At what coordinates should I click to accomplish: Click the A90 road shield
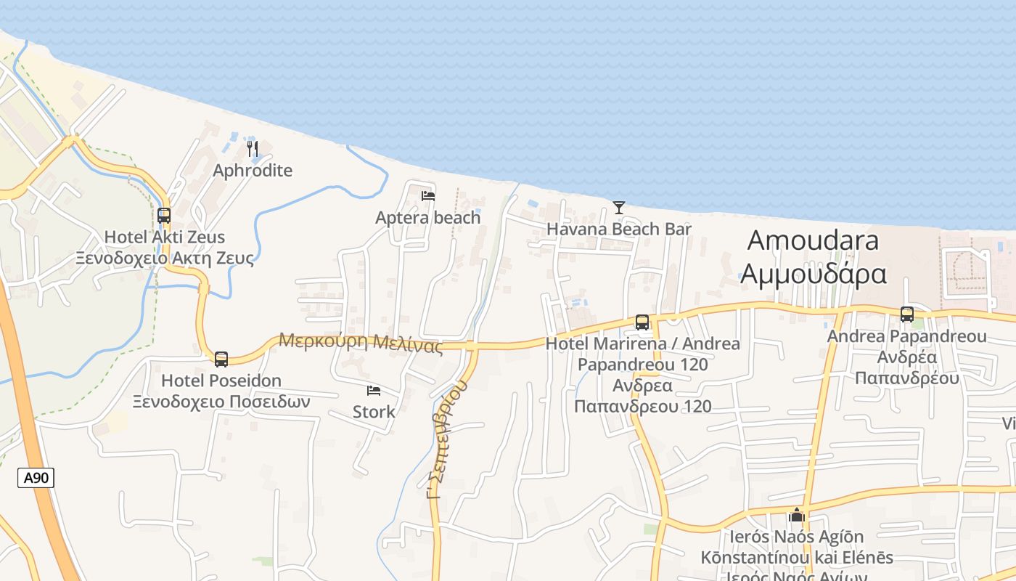(x=36, y=477)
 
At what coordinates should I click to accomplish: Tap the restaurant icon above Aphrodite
(x=253, y=149)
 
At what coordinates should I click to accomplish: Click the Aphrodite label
(x=253, y=171)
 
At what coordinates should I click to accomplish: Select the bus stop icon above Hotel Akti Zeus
(x=164, y=215)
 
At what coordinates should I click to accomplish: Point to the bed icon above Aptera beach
(x=428, y=195)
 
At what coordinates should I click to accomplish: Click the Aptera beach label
(x=427, y=217)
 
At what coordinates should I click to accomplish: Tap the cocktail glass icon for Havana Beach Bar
(x=618, y=208)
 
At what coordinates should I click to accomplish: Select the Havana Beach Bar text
(x=618, y=229)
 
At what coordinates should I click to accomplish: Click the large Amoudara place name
(x=813, y=240)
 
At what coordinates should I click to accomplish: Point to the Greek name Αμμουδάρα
(x=813, y=274)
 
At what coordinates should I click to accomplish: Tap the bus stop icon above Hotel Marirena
(x=642, y=322)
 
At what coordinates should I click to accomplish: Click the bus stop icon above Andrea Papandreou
(x=907, y=314)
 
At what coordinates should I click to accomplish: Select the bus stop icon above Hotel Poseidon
(x=221, y=359)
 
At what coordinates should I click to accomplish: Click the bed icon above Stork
(x=374, y=391)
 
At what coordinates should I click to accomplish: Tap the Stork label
(x=374, y=412)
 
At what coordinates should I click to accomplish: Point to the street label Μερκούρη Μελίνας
(x=361, y=342)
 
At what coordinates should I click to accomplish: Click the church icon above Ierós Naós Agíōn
(x=797, y=515)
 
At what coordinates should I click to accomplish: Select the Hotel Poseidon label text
(x=221, y=381)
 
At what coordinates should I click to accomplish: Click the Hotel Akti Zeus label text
(x=165, y=237)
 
